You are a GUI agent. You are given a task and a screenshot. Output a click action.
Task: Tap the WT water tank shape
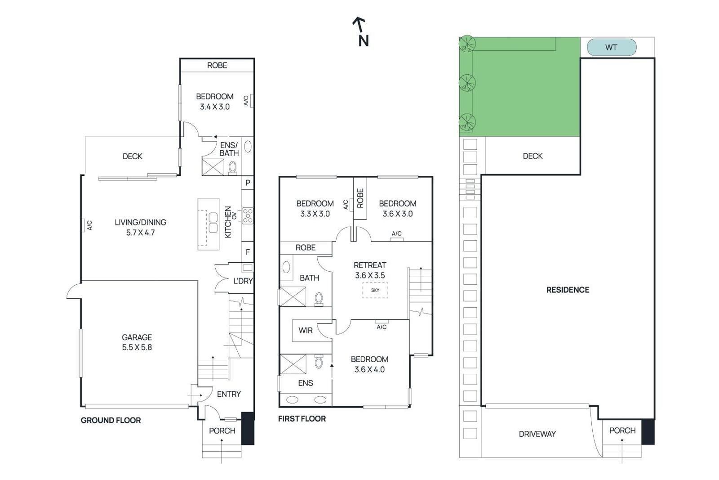click(x=611, y=47)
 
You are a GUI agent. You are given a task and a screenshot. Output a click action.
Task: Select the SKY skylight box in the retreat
click(x=375, y=290)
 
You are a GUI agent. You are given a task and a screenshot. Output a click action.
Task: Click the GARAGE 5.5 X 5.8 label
click(x=137, y=342)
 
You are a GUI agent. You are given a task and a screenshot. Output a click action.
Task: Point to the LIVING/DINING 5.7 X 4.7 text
click(x=140, y=227)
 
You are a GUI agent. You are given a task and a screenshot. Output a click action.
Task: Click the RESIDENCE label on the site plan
click(x=568, y=290)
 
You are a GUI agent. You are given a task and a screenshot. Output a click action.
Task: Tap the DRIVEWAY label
click(x=537, y=434)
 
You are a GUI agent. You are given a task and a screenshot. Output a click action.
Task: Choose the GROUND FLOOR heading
click(x=111, y=420)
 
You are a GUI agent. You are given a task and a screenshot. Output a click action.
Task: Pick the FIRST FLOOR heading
click(x=302, y=418)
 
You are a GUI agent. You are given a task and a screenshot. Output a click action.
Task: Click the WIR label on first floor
click(x=305, y=330)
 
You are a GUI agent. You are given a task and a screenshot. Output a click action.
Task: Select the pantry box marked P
click(x=248, y=183)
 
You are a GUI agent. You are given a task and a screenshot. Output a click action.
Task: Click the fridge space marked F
click(x=248, y=252)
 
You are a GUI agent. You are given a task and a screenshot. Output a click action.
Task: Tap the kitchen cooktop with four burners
click(x=248, y=215)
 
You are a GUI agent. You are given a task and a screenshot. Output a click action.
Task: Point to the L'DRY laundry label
click(x=243, y=281)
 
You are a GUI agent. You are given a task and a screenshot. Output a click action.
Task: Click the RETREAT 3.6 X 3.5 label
click(x=370, y=270)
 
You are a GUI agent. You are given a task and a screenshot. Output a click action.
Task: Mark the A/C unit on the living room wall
click(x=84, y=225)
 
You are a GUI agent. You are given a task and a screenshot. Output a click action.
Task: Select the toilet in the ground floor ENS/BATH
click(x=232, y=167)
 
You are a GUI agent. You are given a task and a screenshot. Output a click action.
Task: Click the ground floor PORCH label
click(x=222, y=431)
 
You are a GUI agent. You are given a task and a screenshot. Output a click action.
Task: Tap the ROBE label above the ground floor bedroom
click(x=217, y=65)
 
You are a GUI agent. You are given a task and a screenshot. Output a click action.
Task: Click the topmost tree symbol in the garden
click(x=467, y=44)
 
